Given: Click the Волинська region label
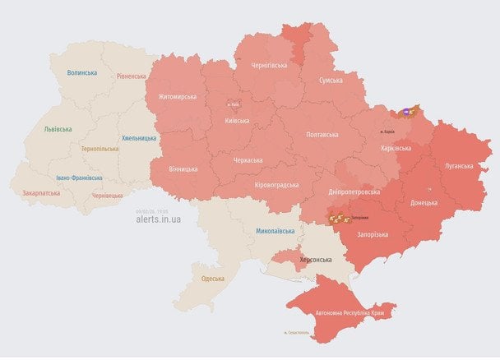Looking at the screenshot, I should coord(82,73).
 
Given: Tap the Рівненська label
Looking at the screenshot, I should coord(131,76).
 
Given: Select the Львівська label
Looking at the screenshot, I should coord(58,129).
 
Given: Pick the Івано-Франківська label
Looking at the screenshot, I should coord(80,178).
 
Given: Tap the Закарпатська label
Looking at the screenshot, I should coord(40,193).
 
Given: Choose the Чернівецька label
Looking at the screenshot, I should coord(108,196).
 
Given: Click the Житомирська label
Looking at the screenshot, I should coord(171,97).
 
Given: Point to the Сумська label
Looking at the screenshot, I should coord(331,81).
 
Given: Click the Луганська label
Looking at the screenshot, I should coord(459,166).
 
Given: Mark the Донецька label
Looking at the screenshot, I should coord(424,202).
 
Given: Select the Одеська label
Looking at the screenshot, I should coord(213,279).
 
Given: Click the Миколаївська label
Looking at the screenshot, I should coord(275,232).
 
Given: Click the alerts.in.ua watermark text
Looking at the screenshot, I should coord(159,219).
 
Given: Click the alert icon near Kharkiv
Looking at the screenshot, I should coord(409,112).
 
